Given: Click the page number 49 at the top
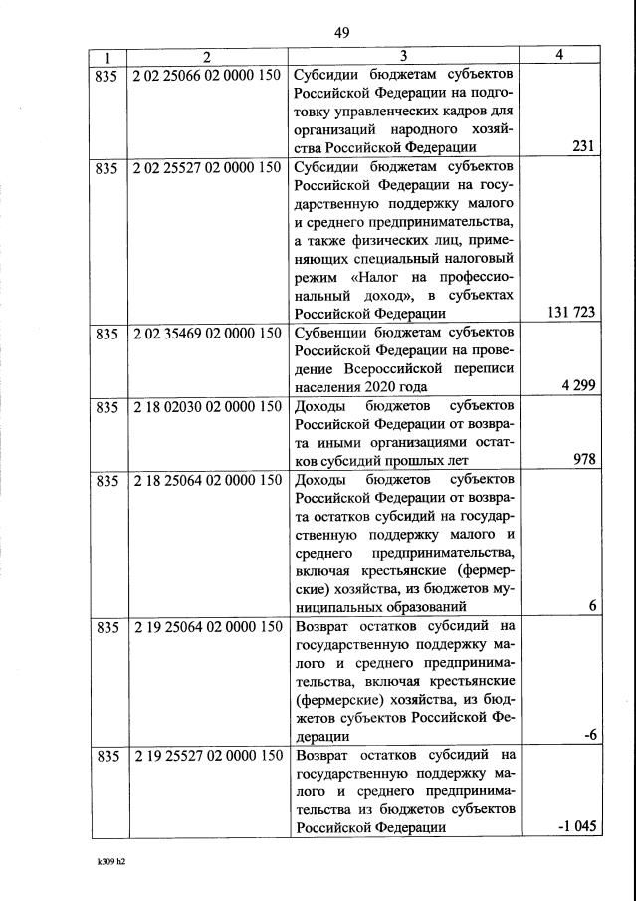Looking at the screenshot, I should click(x=341, y=33).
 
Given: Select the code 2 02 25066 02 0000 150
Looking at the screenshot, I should click(x=207, y=76).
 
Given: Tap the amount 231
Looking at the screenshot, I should click(x=583, y=147).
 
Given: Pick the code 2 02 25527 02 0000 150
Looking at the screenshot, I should click(x=207, y=168).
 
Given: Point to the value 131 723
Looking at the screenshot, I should click(x=571, y=313).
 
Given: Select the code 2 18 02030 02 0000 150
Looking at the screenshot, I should click(x=207, y=407).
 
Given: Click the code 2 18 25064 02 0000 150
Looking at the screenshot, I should click(x=207, y=481).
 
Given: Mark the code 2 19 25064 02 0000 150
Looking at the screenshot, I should click(x=207, y=627).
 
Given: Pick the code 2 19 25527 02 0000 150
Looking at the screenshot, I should click(x=207, y=756).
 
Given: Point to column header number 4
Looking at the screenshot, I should click(x=560, y=56).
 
